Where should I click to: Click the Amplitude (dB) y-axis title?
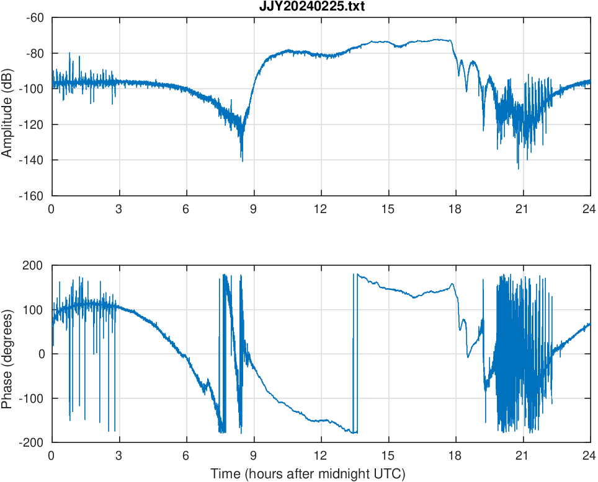click(7, 107)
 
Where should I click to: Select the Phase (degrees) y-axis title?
click(7, 354)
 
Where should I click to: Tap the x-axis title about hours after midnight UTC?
click(308, 475)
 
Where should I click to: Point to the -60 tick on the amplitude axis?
click(35, 18)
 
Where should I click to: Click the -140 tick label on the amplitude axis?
click(32, 160)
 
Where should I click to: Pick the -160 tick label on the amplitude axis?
click(32, 196)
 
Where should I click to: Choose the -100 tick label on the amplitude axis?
click(32, 89)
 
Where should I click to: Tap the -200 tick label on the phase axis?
click(32, 442)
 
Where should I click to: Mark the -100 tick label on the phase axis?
click(32, 398)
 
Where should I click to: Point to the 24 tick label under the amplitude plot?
click(589, 209)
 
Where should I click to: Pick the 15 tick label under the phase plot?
click(388, 456)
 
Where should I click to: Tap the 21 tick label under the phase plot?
click(523, 456)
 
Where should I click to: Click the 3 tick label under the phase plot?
click(118, 456)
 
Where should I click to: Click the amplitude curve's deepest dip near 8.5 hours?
click(242, 160)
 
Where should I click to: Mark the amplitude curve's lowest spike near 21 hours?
click(518, 168)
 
